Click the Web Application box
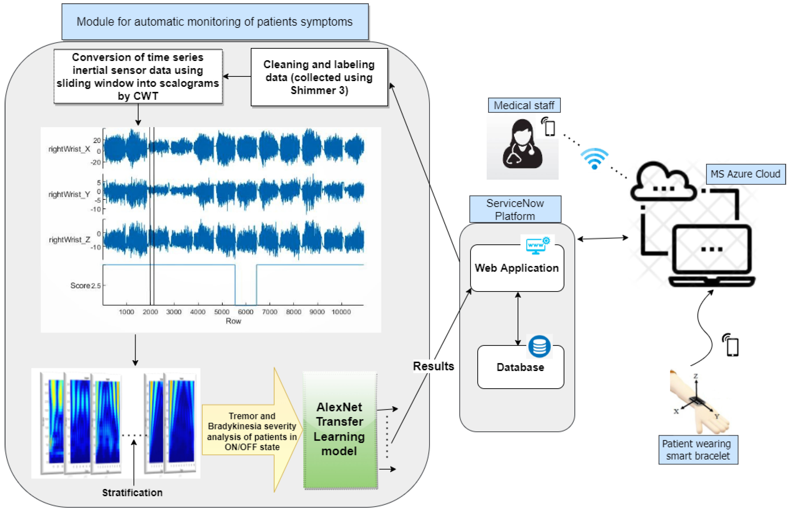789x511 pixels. click(x=517, y=268)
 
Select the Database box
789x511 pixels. click(x=520, y=367)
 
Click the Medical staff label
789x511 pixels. click(x=524, y=105)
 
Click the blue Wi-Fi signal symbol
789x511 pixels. click(x=594, y=159)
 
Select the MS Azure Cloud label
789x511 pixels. click(x=745, y=174)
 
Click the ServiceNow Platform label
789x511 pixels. click(x=515, y=209)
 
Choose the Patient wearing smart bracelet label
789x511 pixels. click(x=698, y=450)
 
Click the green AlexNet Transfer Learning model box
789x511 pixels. click(x=340, y=429)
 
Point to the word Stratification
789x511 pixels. click(x=132, y=493)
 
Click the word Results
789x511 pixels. click(x=433, y=366)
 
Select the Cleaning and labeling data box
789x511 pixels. click(x=319, y=77)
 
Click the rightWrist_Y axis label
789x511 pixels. click(x=69, y=194)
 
